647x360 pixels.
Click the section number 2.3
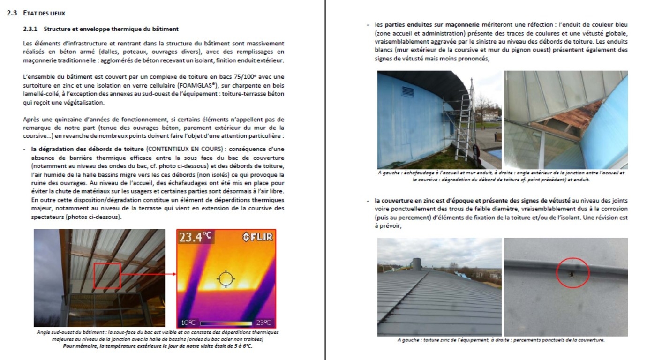(13, 14)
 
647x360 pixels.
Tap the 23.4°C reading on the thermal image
(196, 237)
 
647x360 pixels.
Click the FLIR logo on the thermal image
(257, 237)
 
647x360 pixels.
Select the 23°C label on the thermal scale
(263, 322)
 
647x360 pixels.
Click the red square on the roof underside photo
(107, 275)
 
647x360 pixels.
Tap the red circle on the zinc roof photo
(572, 272)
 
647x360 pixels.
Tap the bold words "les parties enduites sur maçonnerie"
(426, 24)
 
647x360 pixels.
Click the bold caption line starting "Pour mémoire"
(158, 346)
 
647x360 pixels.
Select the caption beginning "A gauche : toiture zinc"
(501, 340)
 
